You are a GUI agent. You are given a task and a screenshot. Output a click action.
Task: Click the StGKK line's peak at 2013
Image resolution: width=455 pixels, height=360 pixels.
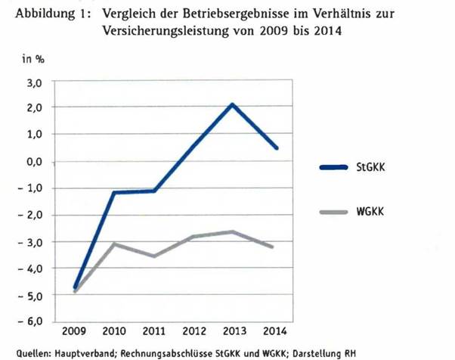tap(233, 104)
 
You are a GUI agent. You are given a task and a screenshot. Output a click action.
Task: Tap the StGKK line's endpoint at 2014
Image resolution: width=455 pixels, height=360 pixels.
tap(277, 148)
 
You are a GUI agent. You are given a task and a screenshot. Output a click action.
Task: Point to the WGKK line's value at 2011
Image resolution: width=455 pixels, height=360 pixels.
tap(154, 256)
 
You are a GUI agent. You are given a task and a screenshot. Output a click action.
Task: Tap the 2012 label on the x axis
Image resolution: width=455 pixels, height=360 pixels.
tap(193, 333)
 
